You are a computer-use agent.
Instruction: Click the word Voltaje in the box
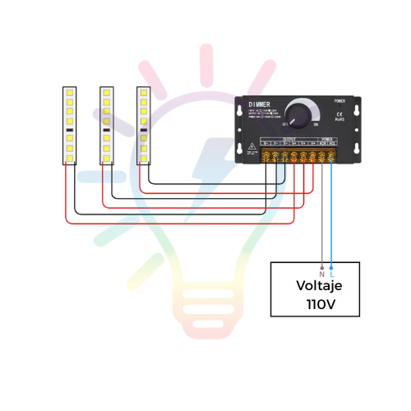(319, 286)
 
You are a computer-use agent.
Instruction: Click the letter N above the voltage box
(321, 274)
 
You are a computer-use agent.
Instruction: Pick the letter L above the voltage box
(331, 274)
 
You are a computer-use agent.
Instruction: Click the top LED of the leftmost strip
(70, 93)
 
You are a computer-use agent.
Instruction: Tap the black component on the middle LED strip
(106, 130)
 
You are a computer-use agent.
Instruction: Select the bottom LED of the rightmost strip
(143, 157)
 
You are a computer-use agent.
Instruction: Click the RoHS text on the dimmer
(339, 120)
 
